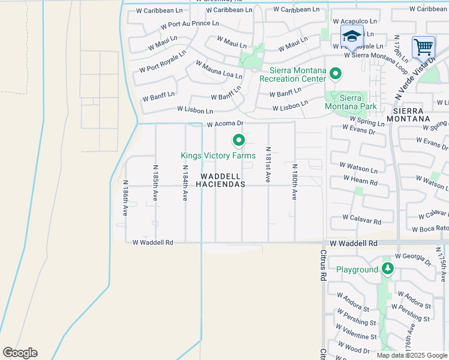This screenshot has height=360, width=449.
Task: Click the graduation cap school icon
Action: pos(352,35)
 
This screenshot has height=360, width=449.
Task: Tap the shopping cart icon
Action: pos(423,46)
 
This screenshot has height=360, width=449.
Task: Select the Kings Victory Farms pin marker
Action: pos(239,141)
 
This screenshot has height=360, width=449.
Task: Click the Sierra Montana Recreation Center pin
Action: pos(336,74)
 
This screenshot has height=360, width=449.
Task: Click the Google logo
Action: pos(20,352)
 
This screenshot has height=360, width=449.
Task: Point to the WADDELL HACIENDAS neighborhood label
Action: pos(223,180)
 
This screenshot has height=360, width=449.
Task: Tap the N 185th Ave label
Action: pos(155,183)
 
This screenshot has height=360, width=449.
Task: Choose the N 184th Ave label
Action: pos(185,184)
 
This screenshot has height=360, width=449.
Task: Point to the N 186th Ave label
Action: pos(125,198)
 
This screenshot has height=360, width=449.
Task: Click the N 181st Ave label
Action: pos(268,164)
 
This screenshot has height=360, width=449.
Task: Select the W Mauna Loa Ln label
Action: pos(218,70)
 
